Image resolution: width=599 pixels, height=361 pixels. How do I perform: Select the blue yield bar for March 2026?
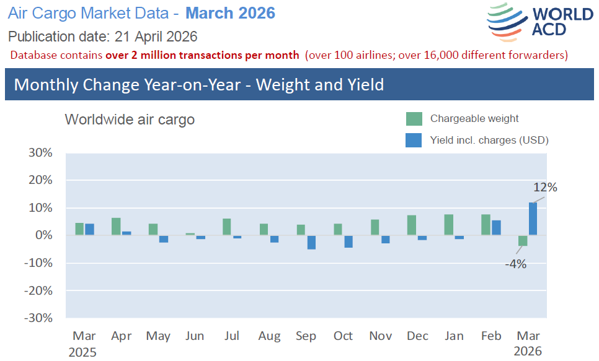[533, 219]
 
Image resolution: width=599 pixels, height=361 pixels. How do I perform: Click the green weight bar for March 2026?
[523, 241]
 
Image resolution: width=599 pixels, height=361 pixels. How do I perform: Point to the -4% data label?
[515, 264]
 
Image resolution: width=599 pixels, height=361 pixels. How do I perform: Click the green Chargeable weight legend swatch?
[414, 119]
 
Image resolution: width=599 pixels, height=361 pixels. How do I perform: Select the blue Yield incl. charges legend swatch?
[414, 141]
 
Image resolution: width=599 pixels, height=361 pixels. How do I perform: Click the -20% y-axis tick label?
[38, 290]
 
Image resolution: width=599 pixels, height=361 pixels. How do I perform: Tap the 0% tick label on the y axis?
[44, 235]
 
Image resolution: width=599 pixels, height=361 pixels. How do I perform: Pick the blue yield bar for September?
[311, 242]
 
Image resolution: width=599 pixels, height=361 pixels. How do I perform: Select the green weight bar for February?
[486, 225]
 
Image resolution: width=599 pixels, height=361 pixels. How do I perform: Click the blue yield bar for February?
[496, 228]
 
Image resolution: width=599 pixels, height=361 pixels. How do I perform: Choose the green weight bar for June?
[190, 234]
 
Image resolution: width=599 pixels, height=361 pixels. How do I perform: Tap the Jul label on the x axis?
[231, 336]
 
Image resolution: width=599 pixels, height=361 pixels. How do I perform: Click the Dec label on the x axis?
[417, 336]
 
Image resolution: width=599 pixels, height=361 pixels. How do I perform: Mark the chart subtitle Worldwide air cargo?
[130, 120]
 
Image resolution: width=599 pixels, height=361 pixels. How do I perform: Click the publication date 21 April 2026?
[156, 36]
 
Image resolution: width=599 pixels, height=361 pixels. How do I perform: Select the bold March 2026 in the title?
[230, 13]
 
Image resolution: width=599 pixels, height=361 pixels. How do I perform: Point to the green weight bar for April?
[116, 227]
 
